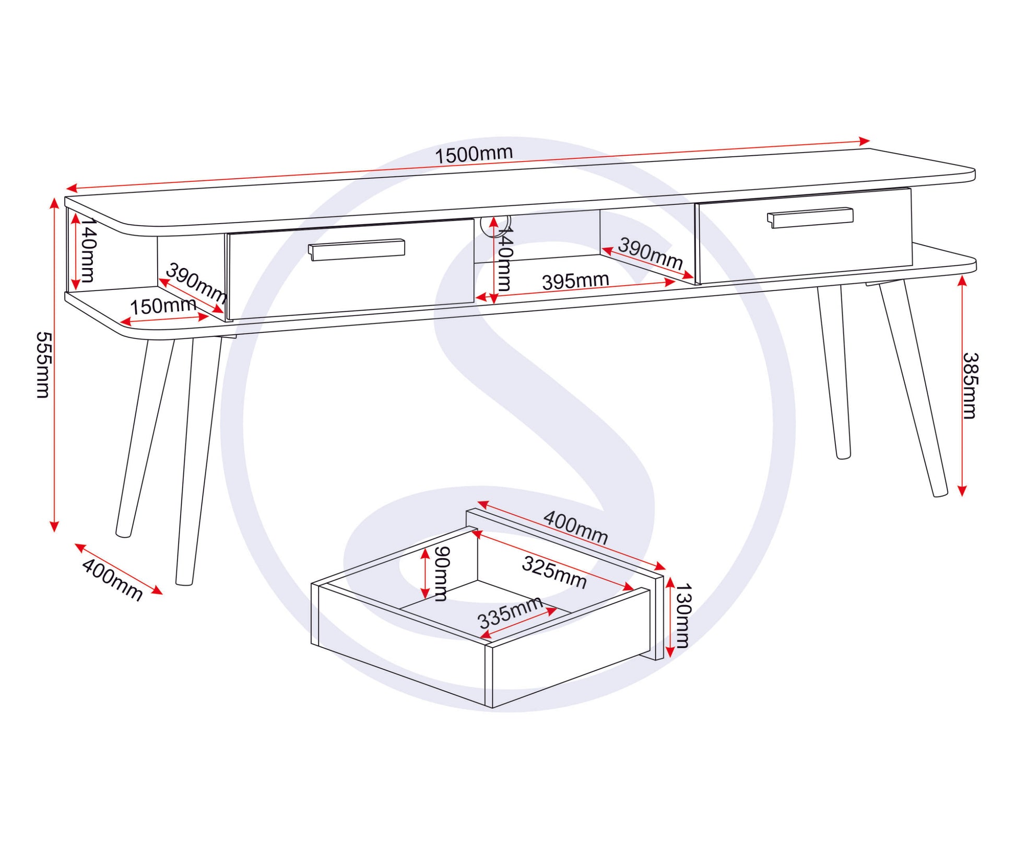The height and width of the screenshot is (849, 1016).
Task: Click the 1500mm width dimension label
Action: (x=474, y=154)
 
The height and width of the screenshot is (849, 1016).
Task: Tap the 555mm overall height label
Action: (x=43, y=364)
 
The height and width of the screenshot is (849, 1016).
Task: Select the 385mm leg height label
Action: (x=970, y=386)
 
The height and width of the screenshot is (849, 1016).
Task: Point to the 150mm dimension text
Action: (x=162, y=306)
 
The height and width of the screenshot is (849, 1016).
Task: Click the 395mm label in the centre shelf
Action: (x=575, y=281)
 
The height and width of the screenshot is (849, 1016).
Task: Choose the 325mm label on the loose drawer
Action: (x=554, y=572)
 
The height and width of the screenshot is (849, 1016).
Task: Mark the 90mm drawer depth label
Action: (x=442, y=573)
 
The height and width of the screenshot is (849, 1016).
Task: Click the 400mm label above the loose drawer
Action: (x=575, y=527)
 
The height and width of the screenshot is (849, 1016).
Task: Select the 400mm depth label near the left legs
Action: (x=112, y=579)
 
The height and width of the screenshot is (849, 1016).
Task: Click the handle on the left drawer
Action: (x=356, y=249)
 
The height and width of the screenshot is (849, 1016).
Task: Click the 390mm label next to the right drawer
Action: (x=650, y=253)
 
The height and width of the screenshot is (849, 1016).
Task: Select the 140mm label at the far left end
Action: (x=88, y=251)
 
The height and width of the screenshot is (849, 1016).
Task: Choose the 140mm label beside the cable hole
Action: (x=505, y=259)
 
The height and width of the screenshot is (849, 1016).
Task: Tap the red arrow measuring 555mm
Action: (x=54, y=364)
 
